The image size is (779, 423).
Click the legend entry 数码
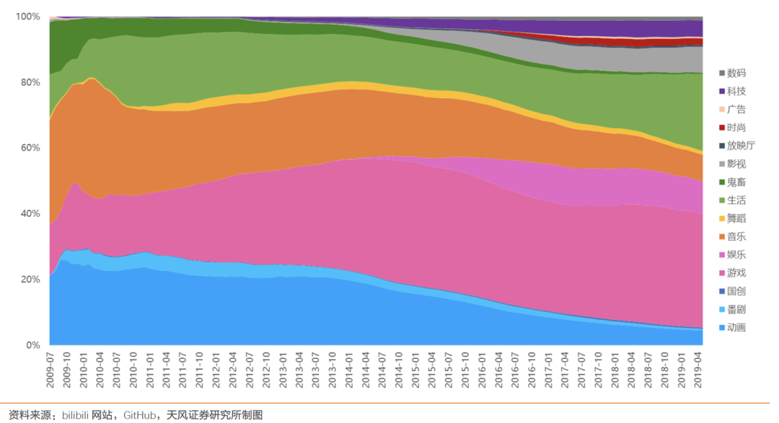click(x=736, y=74)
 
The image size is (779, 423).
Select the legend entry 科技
click(x=736, y=92)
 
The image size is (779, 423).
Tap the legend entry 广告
click(x=736, y=110)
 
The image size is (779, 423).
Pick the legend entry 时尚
click(x=736, y=128)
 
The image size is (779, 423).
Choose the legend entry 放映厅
click(x=741, y=146)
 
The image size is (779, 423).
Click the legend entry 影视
click(x=736, y=164)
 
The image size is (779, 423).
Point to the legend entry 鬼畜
click(x=736, y=182)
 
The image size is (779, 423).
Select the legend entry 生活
click(x=736, y=200)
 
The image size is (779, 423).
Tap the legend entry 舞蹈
click(x=736, y=218)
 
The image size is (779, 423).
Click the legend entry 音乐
click(x=736, y=236)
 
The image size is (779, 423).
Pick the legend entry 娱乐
click(x=736, y=255)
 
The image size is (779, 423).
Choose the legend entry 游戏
click(x=736, y=273)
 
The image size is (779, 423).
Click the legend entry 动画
click(x=736, y=328)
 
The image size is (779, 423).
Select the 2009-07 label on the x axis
click(x=50, y=370)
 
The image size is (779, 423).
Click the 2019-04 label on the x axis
click(x=697, y=370)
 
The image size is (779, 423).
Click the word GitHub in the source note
click(x=139, y=415)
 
